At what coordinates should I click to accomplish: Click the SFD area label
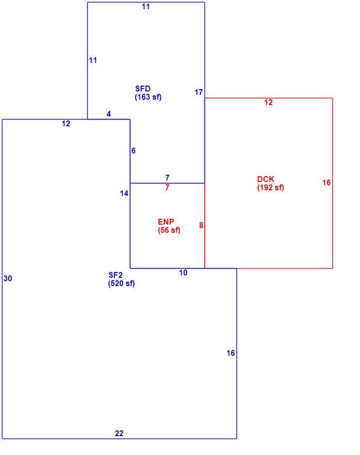pyautogui.click(x=142, y=89)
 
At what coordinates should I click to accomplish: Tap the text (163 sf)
pyautogui.click(x=148, y=97)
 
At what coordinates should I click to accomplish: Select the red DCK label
pyautogui.click(x=266, y=179)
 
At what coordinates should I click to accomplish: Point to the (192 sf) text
pyautogui.click(x=270, y=187)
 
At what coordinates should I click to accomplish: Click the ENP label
pyautogui.click(x=166, y=222)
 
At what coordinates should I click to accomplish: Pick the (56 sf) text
pyautogui.click(x=169, y=230)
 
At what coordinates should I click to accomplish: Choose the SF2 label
pyautogui.click(x=115, y=275)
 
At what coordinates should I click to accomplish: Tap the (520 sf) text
pyautogui.click(x=122, y=283)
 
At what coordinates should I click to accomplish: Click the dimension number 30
pyautogui.click(x=8, y=279)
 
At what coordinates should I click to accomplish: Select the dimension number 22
pyautogui.click(x=119, y=433)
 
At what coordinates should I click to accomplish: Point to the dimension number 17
pyautogui.click(x=199, y=92)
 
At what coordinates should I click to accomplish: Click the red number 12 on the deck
pyautogui.click(x=268, y=103)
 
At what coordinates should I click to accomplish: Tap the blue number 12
pyautogui.click(x=66, y=124)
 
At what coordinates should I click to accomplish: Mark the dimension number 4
pyautogui.click(x=109, y=114)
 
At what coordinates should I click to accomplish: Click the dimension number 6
pyautogui.click(x=133, y=151)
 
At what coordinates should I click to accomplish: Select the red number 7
pyautogui.click(x=167, y=188)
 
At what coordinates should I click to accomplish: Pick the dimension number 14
pyautogui.click(x=124, y=193)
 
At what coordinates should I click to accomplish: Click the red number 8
pyautogui.click(x=201, y=225)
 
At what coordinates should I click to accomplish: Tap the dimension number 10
pyautogui.click(x=183, y=273)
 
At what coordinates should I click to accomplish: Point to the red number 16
pyautogui.click(x=326, y=182)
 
